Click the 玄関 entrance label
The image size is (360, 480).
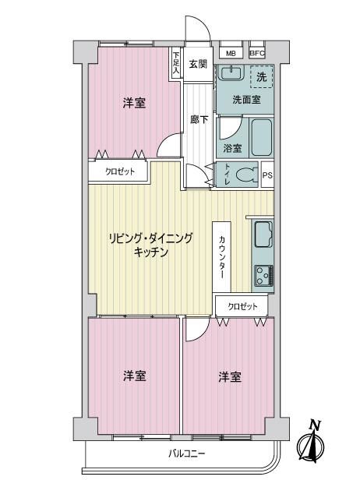click(198, 64)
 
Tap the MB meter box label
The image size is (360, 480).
click(231, 54)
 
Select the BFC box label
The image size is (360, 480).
click(257, 53)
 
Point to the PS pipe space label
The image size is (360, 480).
click(267, 175)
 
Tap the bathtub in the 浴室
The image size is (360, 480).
click(262, 137)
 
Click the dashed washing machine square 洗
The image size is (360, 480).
click(261, 77)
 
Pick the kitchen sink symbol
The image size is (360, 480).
click(263, 235)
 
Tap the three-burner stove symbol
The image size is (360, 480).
click(264, 276)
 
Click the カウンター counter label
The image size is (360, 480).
click(222, 257)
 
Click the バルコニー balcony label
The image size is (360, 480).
click(187, 454)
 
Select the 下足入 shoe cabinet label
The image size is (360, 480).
click(176, 63)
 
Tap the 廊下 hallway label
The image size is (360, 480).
click(199, 119)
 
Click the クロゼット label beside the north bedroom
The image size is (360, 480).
click(120, 171)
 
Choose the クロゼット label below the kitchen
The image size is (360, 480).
click(243, 306)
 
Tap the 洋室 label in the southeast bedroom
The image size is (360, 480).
click(230, 376)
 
